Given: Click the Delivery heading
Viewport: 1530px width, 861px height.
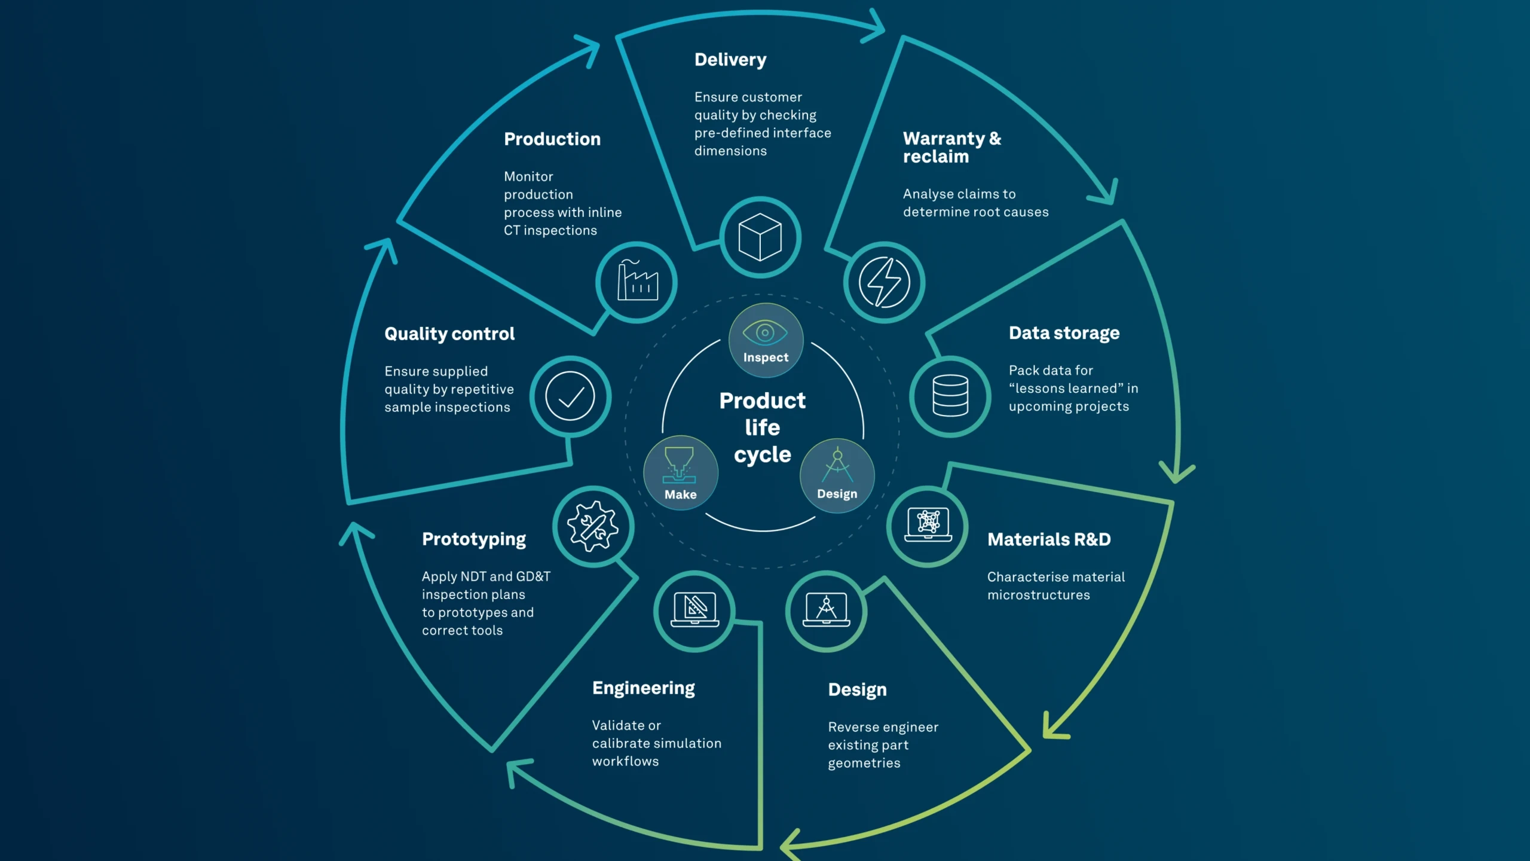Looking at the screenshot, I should pos(730,60).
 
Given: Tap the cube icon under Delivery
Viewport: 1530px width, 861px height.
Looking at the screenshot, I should pos(760,237).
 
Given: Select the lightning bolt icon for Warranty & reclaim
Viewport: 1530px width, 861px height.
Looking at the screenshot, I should pos(884,282).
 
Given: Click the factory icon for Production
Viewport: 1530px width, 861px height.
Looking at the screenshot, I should pos(637,282).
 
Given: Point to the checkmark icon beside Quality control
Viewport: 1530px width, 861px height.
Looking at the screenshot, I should pos(570,396).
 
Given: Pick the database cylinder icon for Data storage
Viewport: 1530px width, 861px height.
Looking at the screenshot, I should pos(950,396).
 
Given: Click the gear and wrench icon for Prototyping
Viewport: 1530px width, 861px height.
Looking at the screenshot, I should pos(593,526).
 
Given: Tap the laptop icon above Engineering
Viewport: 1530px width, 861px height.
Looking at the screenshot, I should pos(694,610).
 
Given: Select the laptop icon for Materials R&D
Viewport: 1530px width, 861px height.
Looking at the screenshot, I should pos(928,525).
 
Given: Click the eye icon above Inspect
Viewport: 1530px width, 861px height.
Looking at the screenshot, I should pos(765,332).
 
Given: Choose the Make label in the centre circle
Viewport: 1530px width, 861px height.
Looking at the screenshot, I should pos(680,494).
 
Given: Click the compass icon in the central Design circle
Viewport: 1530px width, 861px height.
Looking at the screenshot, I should pos(837,465).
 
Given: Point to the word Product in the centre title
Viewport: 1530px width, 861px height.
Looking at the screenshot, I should pos(762,401).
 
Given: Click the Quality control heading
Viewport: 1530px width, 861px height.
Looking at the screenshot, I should pos(449,334).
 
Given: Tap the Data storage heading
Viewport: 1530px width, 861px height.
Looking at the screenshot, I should pos(1064,333).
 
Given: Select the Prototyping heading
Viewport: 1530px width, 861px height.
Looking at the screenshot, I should pos(473,539).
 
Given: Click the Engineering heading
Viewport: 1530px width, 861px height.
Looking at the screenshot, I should pos(643,688).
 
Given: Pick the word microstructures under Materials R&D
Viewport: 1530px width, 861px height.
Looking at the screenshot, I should pos(1038,595).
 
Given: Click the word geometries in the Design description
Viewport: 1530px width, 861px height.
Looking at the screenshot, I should pos(864,764).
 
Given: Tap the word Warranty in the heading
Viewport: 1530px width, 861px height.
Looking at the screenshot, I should pos(944,139).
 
